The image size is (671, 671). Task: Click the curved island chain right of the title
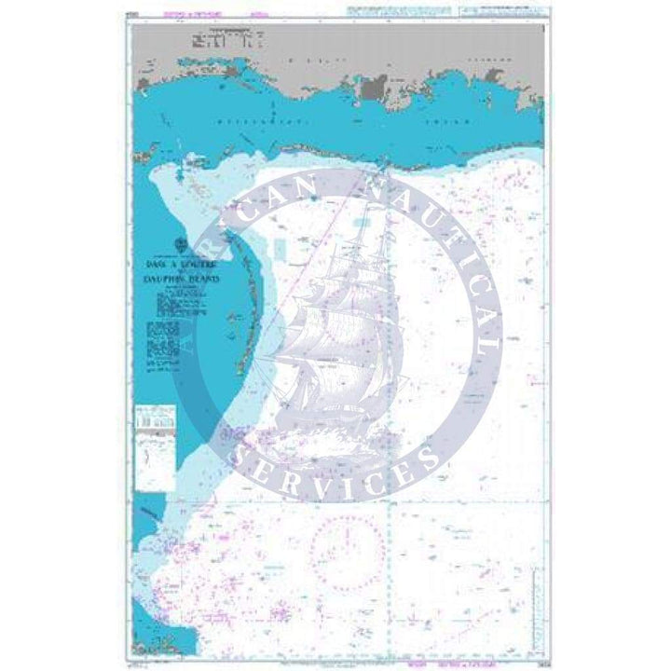[x=244, y=308]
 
